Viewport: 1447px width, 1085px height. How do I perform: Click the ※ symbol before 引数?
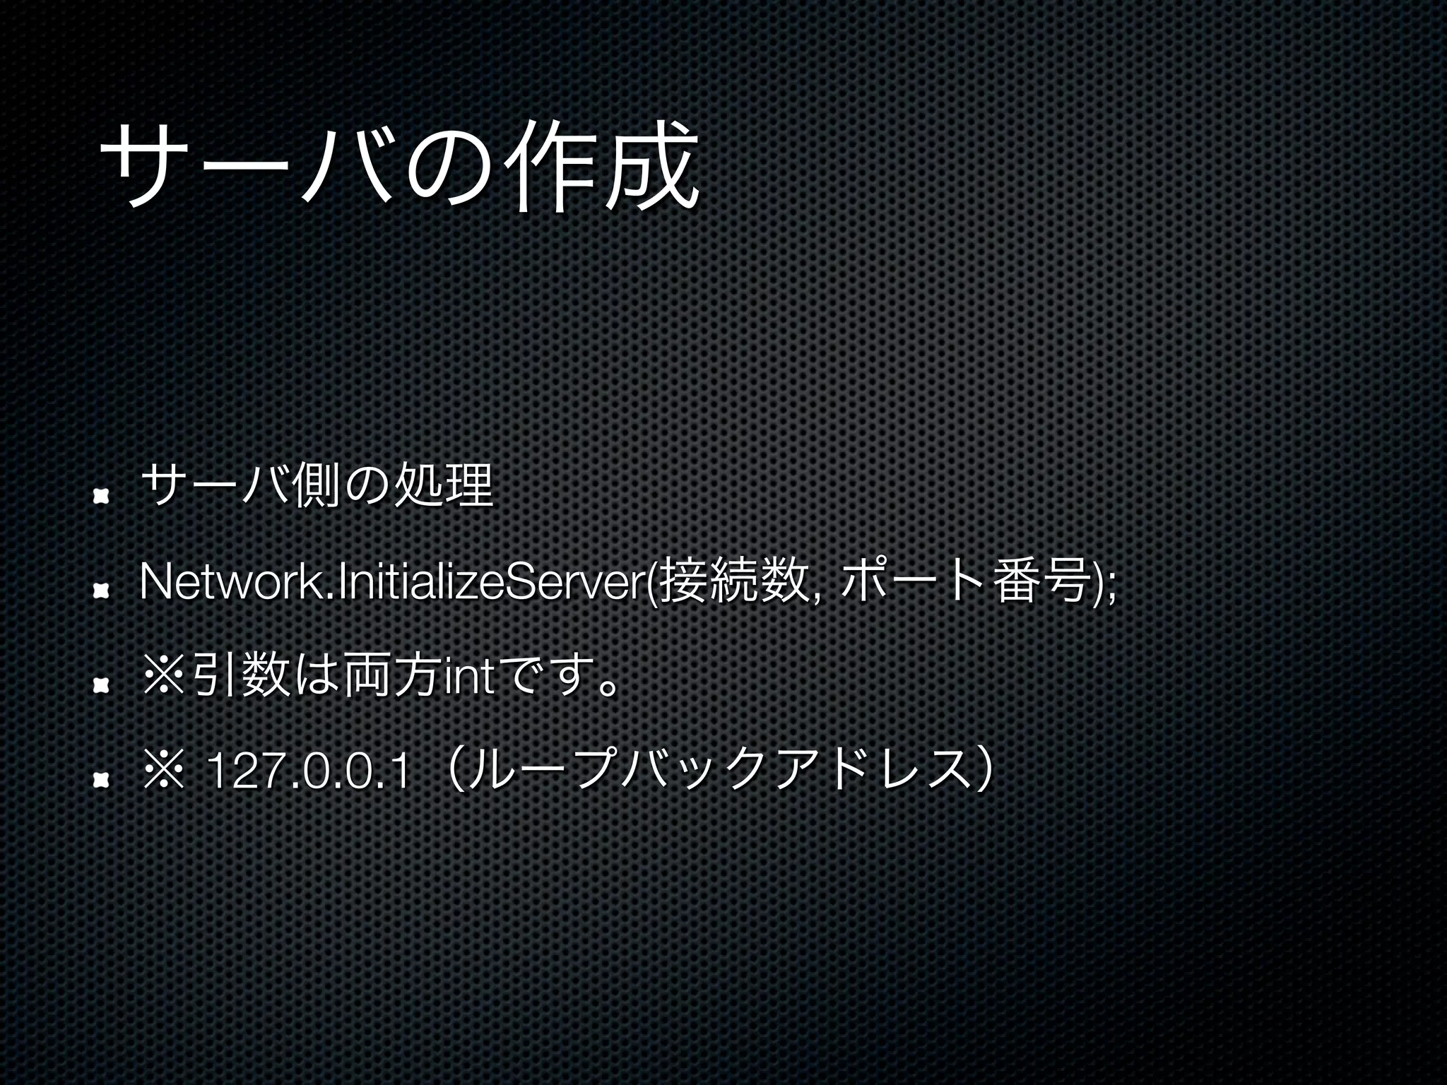[162, 676]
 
